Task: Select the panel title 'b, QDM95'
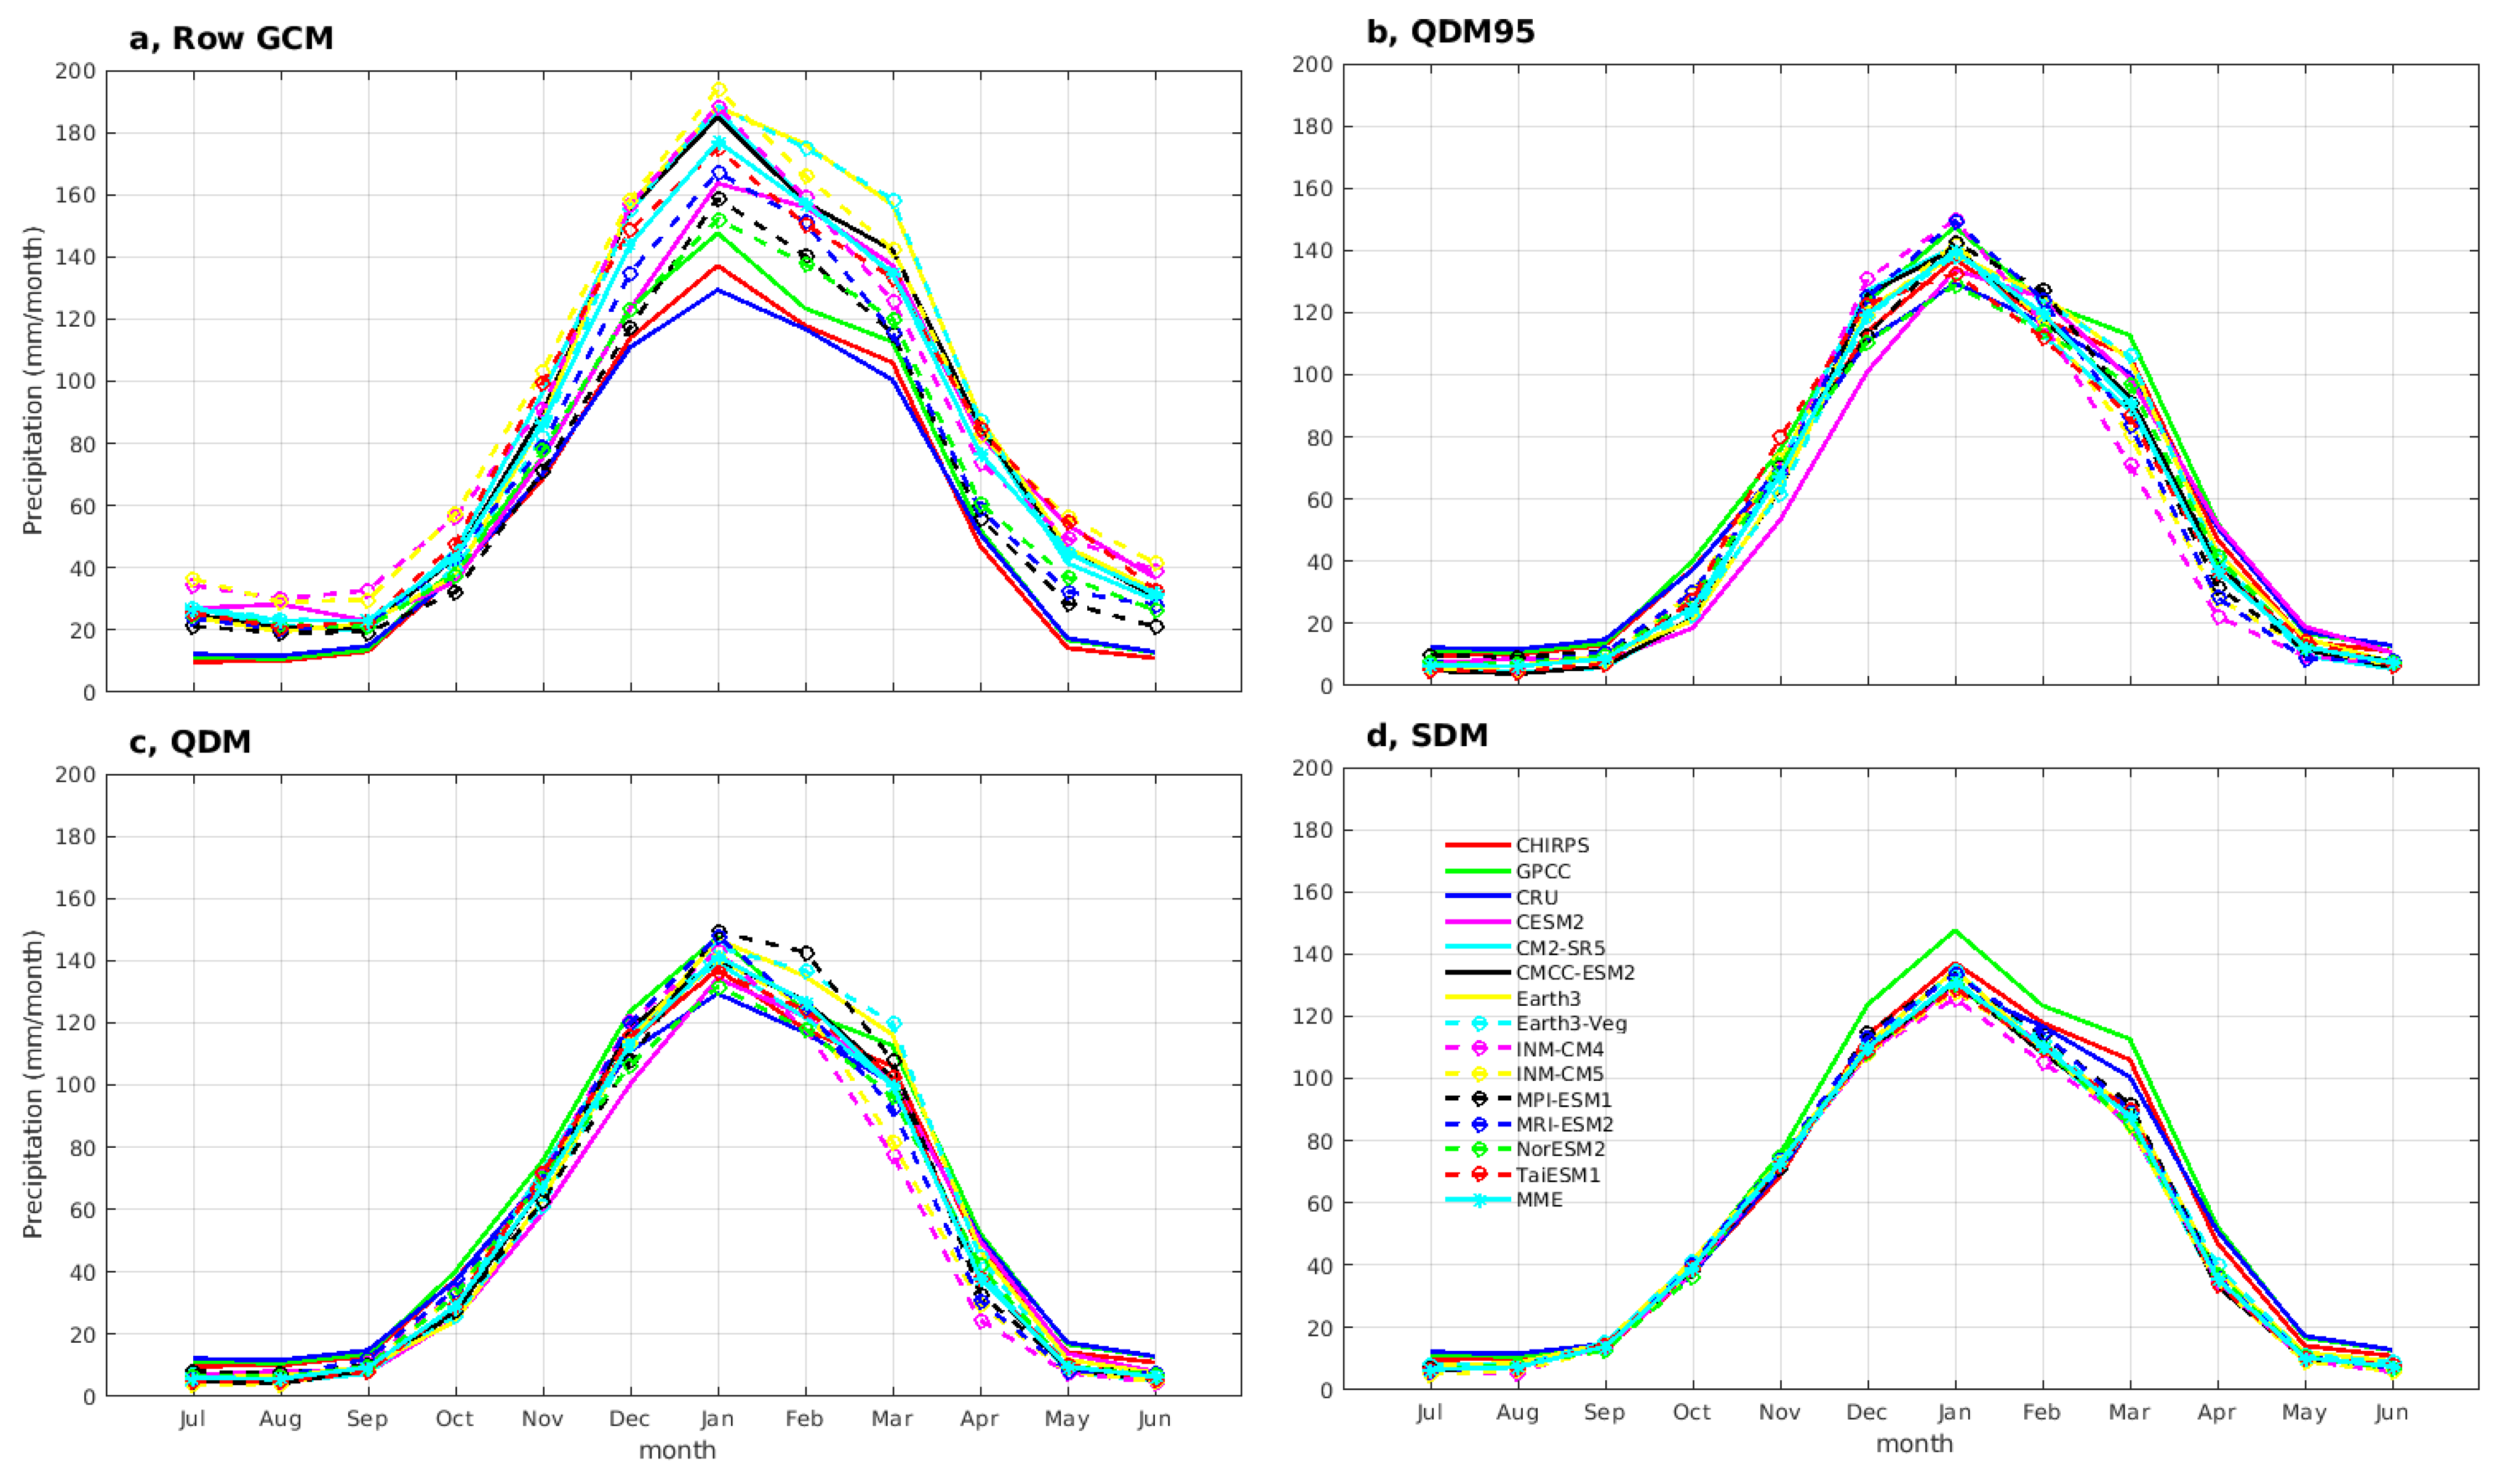1450,32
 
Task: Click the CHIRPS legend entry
1552,845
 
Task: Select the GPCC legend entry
1543,871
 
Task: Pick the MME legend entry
1539,1200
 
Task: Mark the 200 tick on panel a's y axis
76,71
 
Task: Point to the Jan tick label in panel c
717,1418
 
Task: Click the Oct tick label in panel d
1691,1412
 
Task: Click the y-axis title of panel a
33,380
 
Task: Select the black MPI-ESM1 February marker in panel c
805,953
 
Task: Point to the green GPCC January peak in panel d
1955,931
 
